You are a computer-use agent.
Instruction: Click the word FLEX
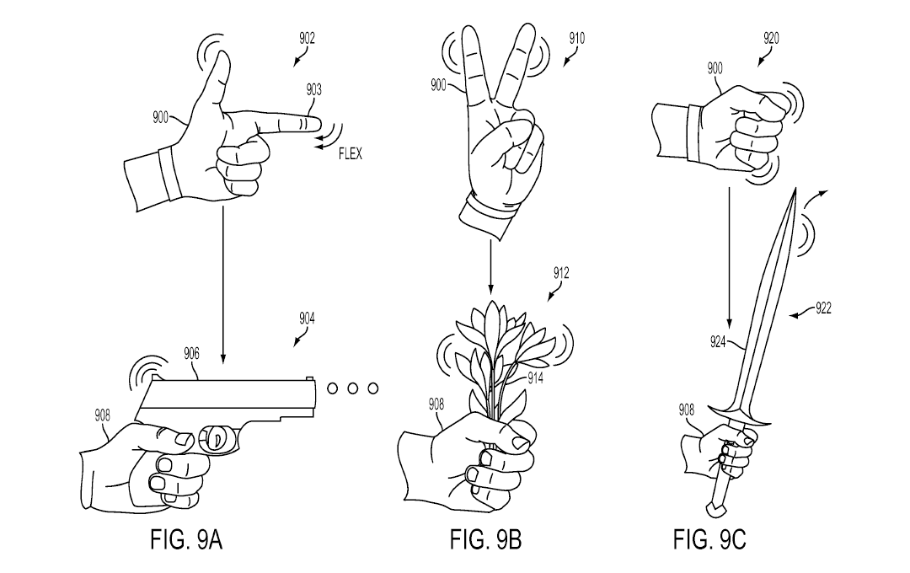pyautogui.click(x=350, y=156)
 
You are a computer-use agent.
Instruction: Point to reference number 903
pyautogui.click(x=313, y=89)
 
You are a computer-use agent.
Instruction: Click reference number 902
pyautogui.click(x=307, y=38)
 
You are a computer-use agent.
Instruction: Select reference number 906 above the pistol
pyautogui.click(x=192, y=355)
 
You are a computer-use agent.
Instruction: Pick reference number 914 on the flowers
pyautogui.click(x=535, y=379)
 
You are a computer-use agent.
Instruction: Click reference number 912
pyautogui.click(x=561, y=273)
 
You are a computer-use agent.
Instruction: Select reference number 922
pyautogui.click(x=823, y=308)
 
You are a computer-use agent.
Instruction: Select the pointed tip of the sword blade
pyautogui.click(x=796, y=190)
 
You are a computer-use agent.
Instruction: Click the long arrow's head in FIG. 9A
pyautogui.click(x=222, y=360)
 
